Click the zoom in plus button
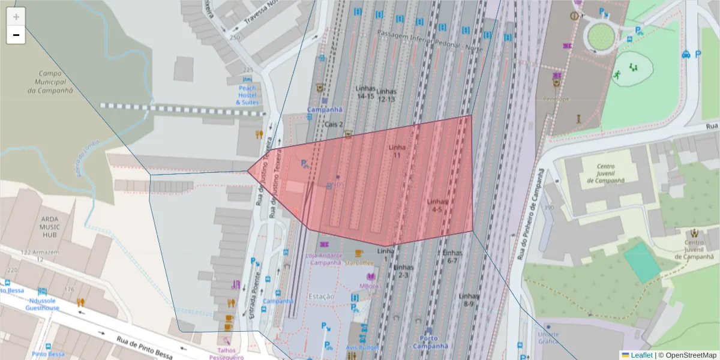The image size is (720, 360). (x=16, y=16)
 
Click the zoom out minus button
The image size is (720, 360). (x=16, y=35)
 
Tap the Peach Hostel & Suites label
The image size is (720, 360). (x=247, y=95)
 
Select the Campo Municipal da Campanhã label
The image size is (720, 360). (x=50, y=82)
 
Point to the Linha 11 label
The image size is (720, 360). (x=397, y=151)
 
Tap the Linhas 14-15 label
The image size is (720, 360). (x=365, y=92)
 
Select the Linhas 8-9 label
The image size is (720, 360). (x=468, y=300)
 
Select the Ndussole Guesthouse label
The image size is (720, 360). (x=42, y=304)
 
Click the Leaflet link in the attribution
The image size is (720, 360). (x=641, y=355)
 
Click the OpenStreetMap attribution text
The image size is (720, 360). (x=691, y=355)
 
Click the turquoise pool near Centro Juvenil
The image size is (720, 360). (x=643, y=262)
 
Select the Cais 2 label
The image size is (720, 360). (x=334, y=124)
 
